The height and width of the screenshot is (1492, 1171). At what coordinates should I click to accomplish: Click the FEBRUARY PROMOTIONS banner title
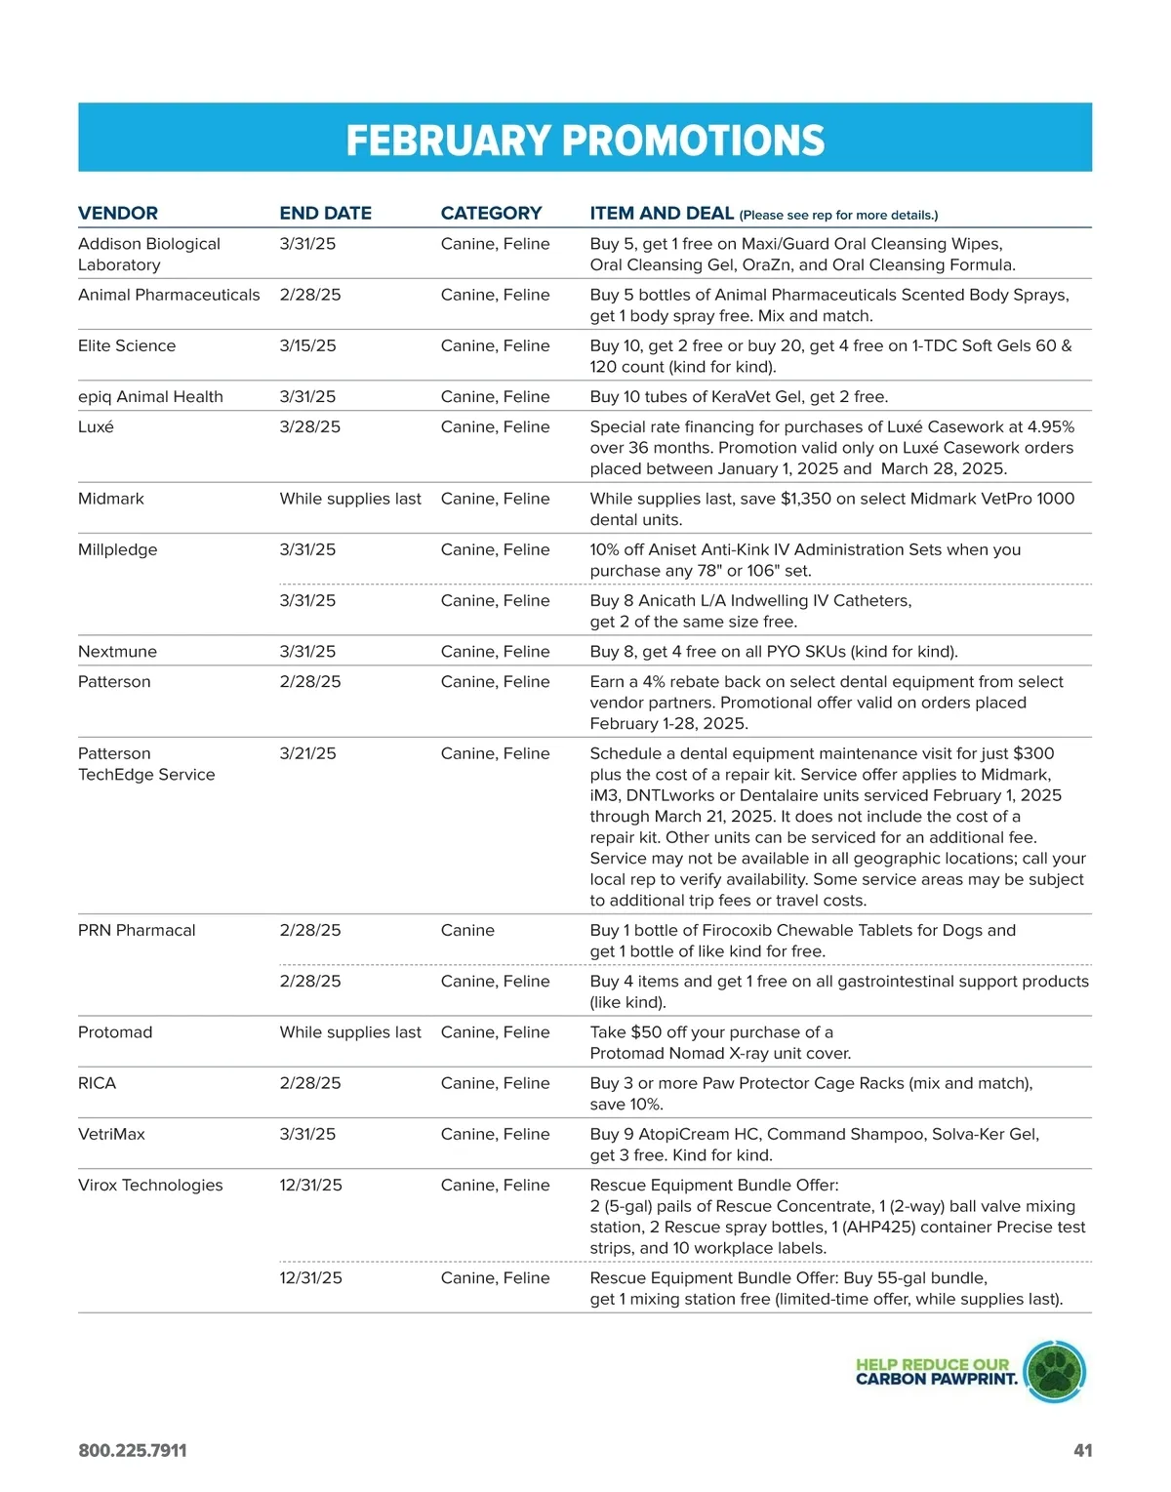click(x=585, y=141)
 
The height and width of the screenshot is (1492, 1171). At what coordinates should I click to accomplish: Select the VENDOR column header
click(x=118, y=213)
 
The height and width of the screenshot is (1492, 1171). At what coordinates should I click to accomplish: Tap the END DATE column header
click(x=325, y=213)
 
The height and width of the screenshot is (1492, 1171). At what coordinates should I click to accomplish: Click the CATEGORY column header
click(x=491, y=213)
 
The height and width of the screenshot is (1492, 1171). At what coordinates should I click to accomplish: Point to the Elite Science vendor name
click(x=127, y=346)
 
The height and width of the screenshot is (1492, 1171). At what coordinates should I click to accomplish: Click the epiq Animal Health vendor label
click(x=150, y=397)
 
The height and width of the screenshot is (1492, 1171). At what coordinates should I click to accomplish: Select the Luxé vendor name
click(x=96, y=427)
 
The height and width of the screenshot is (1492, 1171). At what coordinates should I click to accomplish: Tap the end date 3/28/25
click(x=309, y=427)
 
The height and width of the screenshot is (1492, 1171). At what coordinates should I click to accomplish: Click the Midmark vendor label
click(x=111, y=499)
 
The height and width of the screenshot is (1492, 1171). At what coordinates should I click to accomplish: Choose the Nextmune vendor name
click(x=117, y=652)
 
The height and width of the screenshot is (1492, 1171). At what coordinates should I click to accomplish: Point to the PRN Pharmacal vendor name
click(x=137, y=931)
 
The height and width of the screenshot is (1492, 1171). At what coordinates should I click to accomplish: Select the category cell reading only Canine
click(x=467, y=931)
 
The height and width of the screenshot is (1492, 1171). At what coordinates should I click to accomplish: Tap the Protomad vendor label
click(x=115, y=1032)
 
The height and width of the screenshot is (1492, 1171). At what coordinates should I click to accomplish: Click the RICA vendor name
click(x=97, y=1083)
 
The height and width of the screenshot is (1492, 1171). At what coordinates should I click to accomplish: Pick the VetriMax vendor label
click(x=111, y=1134)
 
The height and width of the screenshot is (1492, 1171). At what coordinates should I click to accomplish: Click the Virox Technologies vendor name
click(x=150, y=1186)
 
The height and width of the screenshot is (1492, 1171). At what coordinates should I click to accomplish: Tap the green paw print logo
click(x=1055, y=1372)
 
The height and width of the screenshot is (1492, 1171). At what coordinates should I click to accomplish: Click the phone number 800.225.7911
click(x=133, y=1451)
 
